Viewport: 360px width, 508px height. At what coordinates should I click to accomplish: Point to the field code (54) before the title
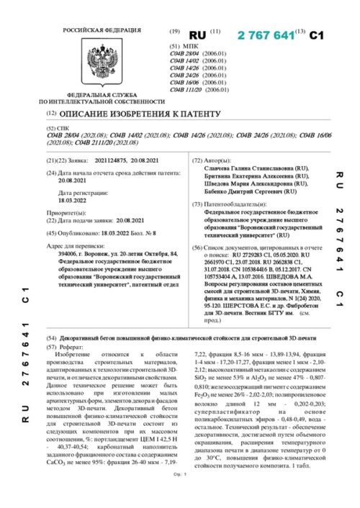[50, 338]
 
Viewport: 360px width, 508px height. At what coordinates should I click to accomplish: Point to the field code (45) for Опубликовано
[50, 234]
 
